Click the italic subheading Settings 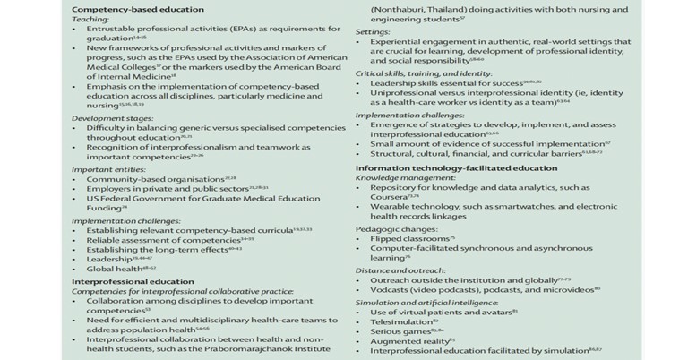coord(372,30)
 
